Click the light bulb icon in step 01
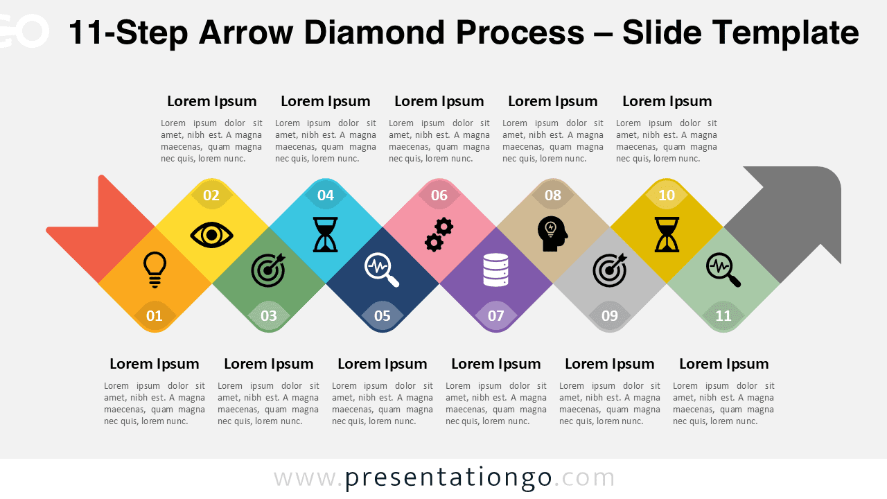(x=155, y=270)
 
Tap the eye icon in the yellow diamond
(x=211, y=235)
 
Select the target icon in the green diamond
(x=268, y=270)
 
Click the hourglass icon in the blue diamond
(x=325, y=234)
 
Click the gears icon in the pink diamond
(x=439, y=234)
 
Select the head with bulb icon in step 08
(x=552, y=234)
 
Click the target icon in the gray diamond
(x=610, y=270)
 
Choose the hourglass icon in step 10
(x=667, y=234)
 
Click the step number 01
(x=155, y=316)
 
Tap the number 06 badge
(x=439, y=195)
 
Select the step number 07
(x=496, y=316)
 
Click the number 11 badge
(x=723, y=316)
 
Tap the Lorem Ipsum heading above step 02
(x=212, y=101)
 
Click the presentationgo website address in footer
(x=444, y=478)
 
